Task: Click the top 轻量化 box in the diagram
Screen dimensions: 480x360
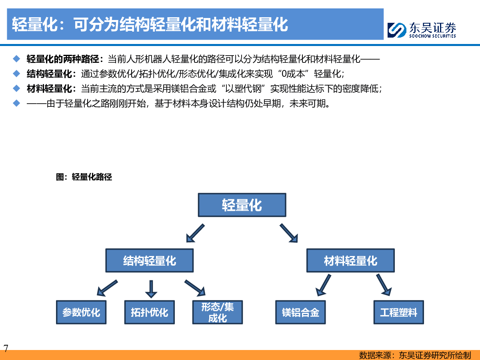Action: [x=242, y=205]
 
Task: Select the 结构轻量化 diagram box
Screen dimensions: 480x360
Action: [x=150, y=260]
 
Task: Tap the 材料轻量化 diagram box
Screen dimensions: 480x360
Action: [x=350, y=260]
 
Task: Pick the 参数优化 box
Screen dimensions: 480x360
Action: [x=81, y=312]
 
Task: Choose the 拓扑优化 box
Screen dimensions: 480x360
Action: [x=150, y=312]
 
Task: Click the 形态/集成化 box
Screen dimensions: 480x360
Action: [x=218, y=312]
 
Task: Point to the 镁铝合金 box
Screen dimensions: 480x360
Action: [x=300, y=312]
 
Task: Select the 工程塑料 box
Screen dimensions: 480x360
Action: [x=399, y=312]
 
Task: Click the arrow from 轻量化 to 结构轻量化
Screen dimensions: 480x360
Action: [x=195, y=233]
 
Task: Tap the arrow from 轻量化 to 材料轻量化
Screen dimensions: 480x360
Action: [x=289, y=233]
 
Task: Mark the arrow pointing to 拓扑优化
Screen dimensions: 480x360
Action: [x=151, y=289]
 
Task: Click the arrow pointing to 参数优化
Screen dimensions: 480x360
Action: [x=107, y=288]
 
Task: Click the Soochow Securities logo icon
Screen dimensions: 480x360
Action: [x=397, y=30]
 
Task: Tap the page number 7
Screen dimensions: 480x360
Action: [x=6, y=348]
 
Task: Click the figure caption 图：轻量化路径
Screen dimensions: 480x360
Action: [x=84, y=177]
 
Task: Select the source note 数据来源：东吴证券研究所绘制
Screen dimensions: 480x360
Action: [x=415, y=355]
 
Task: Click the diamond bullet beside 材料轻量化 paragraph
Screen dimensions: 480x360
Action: [x=17, y=88]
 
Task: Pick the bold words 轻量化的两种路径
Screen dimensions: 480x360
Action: [x=63, y=59]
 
